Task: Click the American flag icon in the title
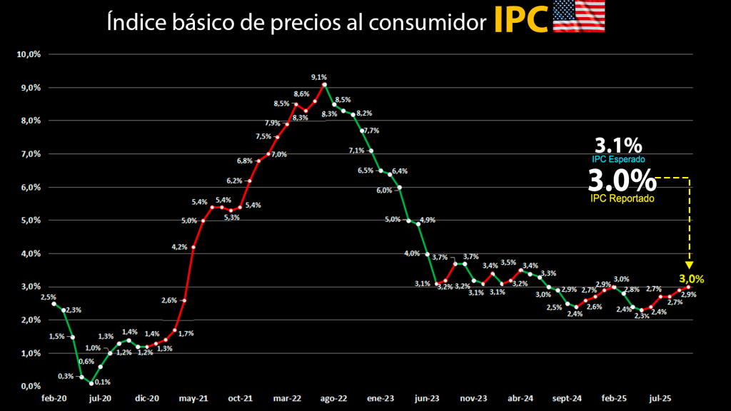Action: (579, 17)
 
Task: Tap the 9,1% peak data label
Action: (318, 77)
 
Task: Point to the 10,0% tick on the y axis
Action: (29, 54)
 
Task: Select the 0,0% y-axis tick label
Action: (31, 386)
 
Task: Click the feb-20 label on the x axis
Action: (54, 399)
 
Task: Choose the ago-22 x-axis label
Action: (333, 399)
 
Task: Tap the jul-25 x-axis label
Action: (660, 399)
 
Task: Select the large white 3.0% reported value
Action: (621, 180)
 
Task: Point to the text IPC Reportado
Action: (622, 198)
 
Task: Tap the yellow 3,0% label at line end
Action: (691, 279)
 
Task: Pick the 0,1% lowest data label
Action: (102, 382)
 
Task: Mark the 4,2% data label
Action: (179, 247)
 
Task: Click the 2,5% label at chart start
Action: (49, 297)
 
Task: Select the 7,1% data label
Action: (356, 151)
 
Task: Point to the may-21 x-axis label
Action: (193, 399)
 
